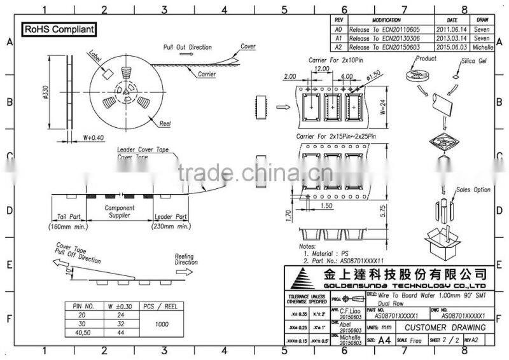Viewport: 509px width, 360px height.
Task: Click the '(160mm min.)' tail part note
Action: click(68, 226)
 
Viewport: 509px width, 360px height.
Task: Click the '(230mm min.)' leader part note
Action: click(171, 226)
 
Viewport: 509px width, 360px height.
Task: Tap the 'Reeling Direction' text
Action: click(186, 259)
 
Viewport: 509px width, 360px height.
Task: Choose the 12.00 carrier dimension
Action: click(321, 68)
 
